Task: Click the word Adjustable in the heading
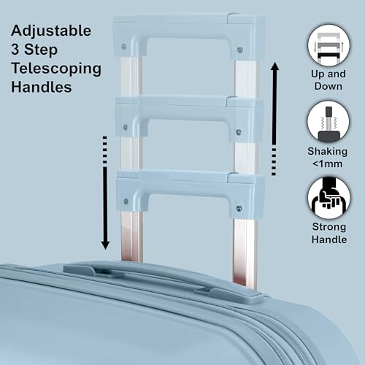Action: pyautogui.click(x=51, y=31)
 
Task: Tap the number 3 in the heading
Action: pyautogui.click(x=15, y=49)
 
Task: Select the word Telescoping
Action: pyautogui.click(x=56, y=69)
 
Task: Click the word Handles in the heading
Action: pyautogui.click(x=42, y=87)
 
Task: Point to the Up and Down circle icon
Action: pyautogui.click(x=328, y=45)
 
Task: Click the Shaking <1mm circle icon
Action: pyautogui.click(x=328, y=122)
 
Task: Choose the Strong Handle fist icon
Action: pyautogui.click(x=329, y=198)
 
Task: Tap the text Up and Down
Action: pyautogui.click(x=328, y=80)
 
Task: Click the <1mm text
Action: pyautogui.click(x=328, y=164)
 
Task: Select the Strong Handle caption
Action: pyautogui.click(x=329, y=233)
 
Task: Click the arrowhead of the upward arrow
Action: pyautogui.click(x=275, y=66)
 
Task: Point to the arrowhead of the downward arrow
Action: pyautogui.click(x=105, y=245)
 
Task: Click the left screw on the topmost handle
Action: pyautogui.click(x=123, y=46)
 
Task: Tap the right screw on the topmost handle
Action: pyautogui.click(x=240, y=50)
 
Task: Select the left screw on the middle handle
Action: pyautogui.click(x=126, y=127)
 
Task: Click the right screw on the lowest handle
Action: pyautogui.click(x=239, y=209)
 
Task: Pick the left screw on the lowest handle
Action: pyautogui.click(x=126, y=201)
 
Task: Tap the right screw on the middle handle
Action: pyautogui.click(x=239, y=132)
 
